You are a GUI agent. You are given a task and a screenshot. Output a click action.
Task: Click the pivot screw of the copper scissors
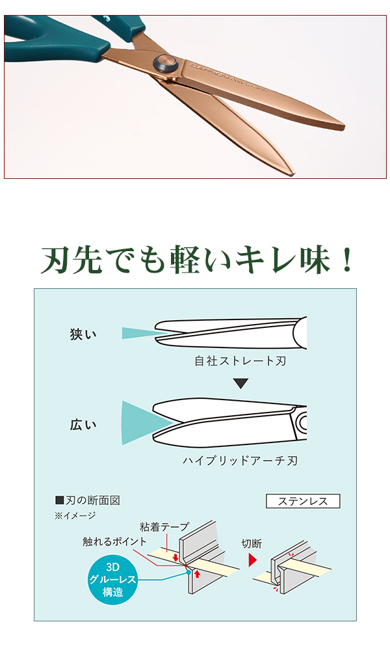point(165,64)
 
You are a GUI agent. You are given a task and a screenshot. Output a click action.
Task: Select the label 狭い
point(83,334)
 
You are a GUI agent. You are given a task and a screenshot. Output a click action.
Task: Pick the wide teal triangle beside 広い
point(143,423)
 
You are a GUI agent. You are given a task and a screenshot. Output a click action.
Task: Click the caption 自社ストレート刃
point(240,360)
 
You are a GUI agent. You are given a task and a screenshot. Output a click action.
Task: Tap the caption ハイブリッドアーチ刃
point(240,461)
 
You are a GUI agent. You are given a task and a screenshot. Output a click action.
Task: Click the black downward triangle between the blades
point(241,384)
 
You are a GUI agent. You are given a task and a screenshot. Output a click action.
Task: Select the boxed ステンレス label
point(303,501)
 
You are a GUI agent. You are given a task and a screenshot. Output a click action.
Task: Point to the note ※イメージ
point(75,515)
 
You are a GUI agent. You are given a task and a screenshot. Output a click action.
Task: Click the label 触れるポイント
point(115,541)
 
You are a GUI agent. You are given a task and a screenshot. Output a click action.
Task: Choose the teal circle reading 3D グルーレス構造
point(114,576)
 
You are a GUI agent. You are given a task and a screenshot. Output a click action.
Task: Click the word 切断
point(252,543)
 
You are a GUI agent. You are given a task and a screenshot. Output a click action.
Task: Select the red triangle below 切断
point(253,560)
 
